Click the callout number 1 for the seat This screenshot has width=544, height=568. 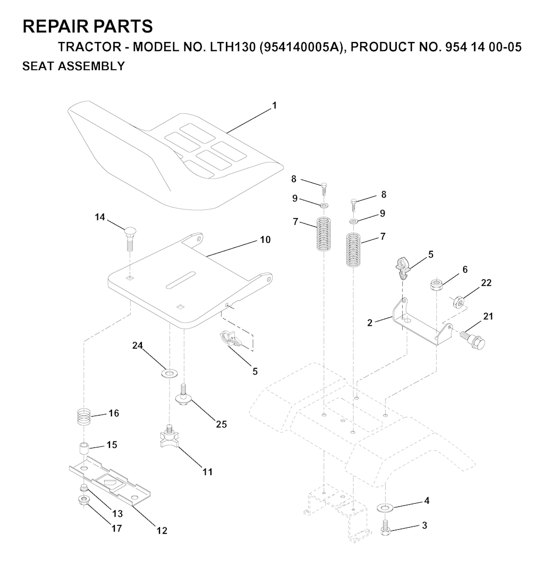[x=275, y=105]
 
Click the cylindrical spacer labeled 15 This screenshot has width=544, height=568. [x=84, y=450]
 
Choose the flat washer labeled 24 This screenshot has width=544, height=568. [x=169, y=373]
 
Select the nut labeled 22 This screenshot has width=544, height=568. [x=458, y=301]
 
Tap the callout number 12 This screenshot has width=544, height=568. [x=162, y=530]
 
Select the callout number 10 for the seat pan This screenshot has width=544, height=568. [x=265, y=240]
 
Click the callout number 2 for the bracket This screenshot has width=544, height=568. [x=369, y=323]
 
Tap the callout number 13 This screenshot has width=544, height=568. [x=118, y=514]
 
